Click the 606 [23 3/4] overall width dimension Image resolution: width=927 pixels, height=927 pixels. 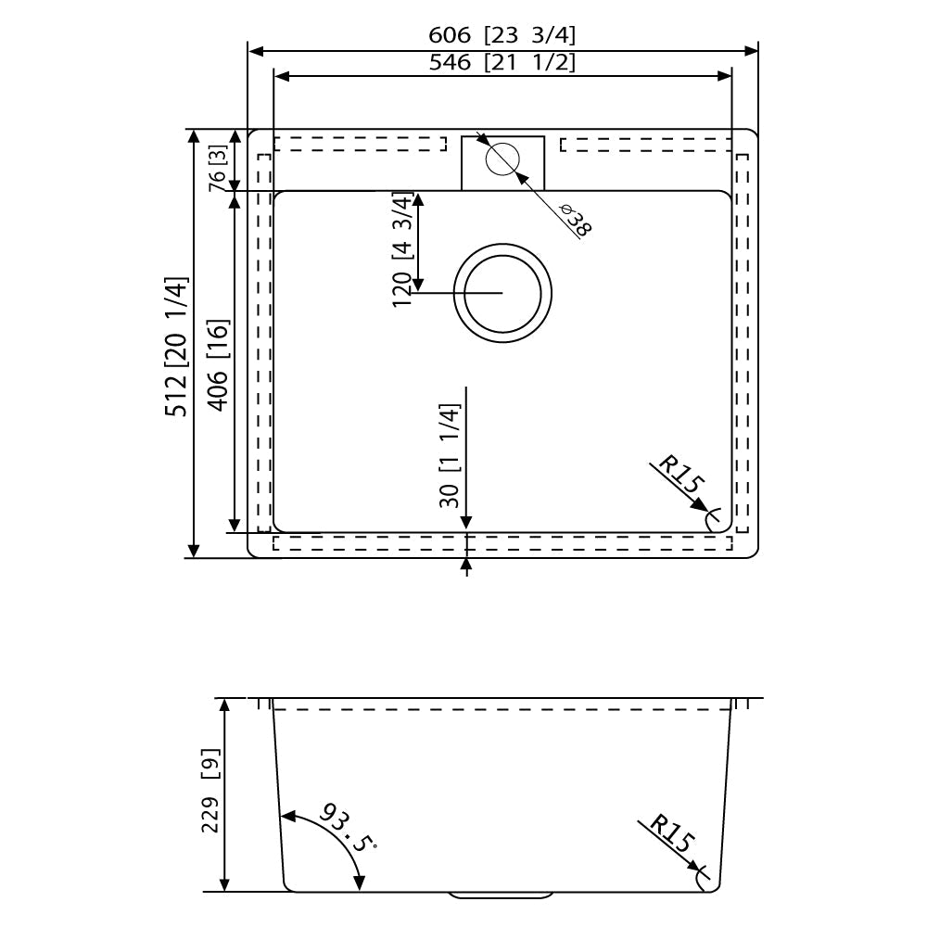click(502, 35)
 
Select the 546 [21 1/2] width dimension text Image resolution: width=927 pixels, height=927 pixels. click(502, 62)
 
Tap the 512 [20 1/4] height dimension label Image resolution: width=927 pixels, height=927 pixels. click(176, 346)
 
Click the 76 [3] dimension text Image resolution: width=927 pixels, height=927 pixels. click(218, 168)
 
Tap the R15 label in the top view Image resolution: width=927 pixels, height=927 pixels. click(680, 474)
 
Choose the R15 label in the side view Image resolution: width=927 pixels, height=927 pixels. click(671, 832)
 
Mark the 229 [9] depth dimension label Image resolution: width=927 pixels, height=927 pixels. click(211, 791)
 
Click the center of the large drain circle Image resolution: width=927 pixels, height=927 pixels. click(502, 293)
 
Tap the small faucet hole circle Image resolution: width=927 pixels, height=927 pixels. click(502, 159)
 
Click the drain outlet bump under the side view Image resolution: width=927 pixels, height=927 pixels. click(501, 895)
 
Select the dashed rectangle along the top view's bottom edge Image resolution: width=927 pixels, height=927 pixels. click(502, 543)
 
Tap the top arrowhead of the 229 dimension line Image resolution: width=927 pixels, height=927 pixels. click(223, 705)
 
